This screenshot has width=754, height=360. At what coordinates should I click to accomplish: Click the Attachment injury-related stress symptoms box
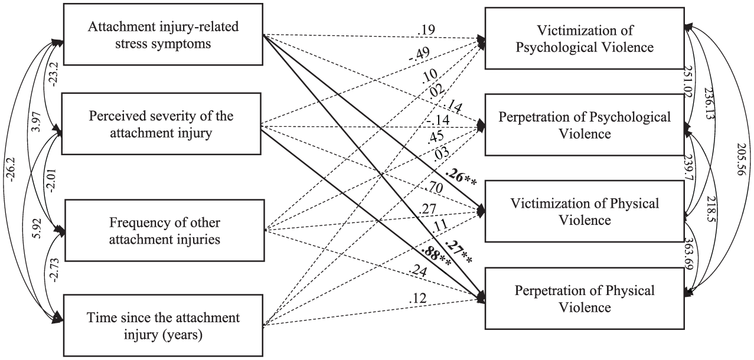(x=163, y=34)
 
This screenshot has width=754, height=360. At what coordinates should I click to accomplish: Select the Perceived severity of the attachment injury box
(x=161, y=124)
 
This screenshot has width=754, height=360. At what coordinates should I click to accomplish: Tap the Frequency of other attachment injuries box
(x=165, y=231)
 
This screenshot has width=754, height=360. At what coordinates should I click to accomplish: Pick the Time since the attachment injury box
(x=163, y=325)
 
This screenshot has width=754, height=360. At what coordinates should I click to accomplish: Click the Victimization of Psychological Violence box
(x=585, y=38)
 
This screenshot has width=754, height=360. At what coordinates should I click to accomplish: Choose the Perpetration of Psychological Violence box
(x=585, y=125)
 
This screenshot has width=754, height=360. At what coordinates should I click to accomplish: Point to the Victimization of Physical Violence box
(x=585, y=211)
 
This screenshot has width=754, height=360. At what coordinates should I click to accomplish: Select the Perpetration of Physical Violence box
(x=585, y=299)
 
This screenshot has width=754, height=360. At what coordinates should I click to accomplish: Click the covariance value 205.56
(x=741, y=159)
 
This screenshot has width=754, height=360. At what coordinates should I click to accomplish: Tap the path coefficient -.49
(x=419, y=54)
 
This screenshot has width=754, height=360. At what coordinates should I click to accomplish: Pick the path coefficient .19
(x=426, y=30)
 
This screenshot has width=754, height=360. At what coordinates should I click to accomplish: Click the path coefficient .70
(x=434, y=187)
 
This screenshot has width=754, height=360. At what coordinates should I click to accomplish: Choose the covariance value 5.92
(x=37, y=229)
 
